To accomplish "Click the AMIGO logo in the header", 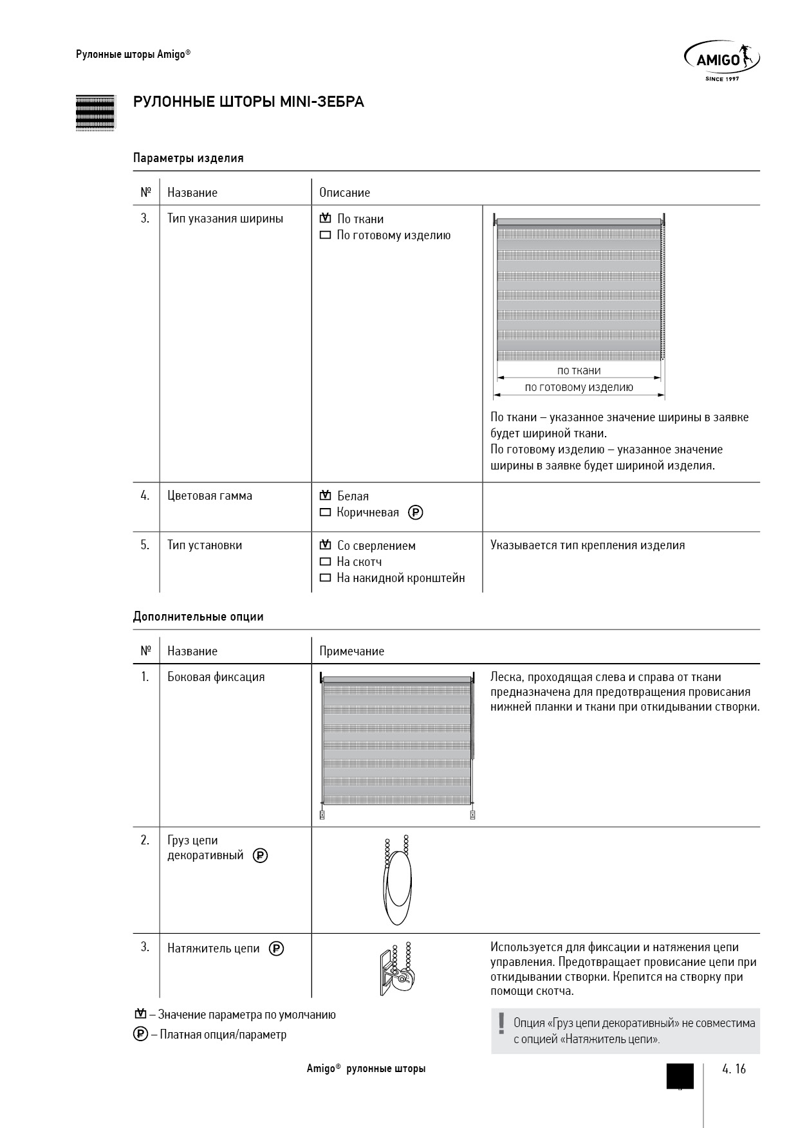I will [721, 59].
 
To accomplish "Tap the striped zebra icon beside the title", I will [95, 113].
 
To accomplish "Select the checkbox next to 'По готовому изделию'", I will [325, 235].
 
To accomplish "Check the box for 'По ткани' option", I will [325, 219].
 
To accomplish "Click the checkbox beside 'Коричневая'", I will [325, 513].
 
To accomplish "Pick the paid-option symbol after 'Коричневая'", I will [416, 513].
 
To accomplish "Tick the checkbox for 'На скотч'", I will [325, 562].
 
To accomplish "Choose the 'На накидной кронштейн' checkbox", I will [325, 578].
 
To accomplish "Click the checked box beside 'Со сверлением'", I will [325, 545].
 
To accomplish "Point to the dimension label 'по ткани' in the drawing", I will [579, 370].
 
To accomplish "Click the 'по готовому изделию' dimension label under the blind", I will [579, 387].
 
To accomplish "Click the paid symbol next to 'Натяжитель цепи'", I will [277, 949].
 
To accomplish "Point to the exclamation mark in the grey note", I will [501, 1023].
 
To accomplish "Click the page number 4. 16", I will [734, 1069].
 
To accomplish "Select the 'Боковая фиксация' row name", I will [216, 677].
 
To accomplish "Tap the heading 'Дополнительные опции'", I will [198, 617].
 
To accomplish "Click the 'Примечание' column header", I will [351, 651].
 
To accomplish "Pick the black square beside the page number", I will [680, 1076].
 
